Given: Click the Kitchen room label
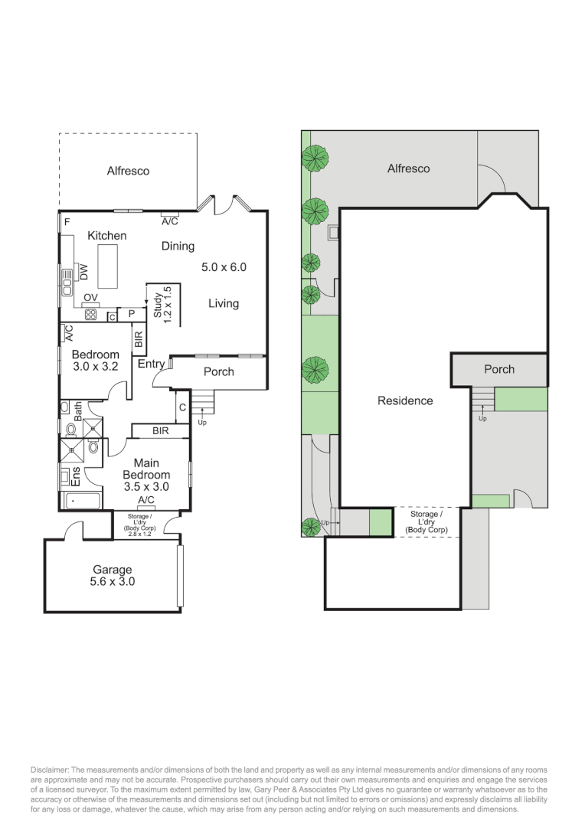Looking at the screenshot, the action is coord(107,236).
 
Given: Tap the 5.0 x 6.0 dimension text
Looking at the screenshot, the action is coord(224,267).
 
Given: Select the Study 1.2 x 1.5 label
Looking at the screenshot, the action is coord(162,305).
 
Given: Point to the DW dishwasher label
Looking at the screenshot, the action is coord(83,272).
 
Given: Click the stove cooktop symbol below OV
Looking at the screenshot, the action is coord(90,315).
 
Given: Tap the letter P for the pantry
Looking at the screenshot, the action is coord(132,314).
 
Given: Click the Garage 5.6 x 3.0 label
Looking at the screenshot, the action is coord(113,575).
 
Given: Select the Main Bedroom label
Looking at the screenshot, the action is coord(146,469).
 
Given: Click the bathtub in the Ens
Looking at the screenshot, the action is coord(82,501).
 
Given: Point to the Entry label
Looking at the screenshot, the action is coord(151,364).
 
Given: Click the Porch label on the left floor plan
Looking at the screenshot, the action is coord(218,372).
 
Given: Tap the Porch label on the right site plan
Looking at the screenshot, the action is coord(499,369).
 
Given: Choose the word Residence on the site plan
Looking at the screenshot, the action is coord(405,400).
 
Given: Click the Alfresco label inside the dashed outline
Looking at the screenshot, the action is coord(128,171).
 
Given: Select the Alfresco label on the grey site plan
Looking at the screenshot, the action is coord(408,168).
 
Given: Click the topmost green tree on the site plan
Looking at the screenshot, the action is coord(315,157).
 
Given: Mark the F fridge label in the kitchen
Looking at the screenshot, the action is coord(67,222).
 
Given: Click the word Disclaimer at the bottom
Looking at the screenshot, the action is coord(50,770).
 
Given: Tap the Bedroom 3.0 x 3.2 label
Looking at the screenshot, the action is coord(96,361).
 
